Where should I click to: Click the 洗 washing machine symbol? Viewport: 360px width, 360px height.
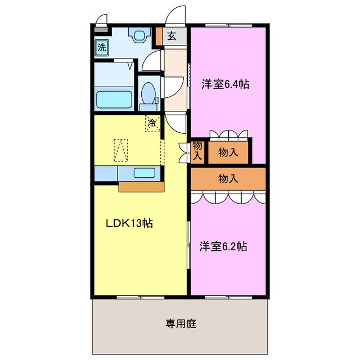pos(102,47)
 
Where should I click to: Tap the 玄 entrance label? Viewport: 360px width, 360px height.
pos(172,37)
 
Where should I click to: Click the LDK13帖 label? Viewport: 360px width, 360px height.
pos(130,223)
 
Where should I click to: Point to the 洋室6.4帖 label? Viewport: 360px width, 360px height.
pos(226,85)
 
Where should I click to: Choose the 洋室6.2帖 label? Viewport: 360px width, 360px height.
pos(224,246)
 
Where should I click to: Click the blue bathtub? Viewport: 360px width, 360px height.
pos(115,99)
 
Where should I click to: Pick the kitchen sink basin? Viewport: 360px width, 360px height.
pos(144,173)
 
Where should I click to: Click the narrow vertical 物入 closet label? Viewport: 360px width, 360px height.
pos(197,151)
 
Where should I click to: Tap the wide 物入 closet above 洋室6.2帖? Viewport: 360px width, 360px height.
pos(228,179)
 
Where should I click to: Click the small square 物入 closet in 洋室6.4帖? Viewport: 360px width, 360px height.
pos(228,152)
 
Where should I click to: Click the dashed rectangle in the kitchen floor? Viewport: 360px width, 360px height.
pos(121,150)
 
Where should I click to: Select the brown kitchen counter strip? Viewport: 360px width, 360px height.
pos(141,186)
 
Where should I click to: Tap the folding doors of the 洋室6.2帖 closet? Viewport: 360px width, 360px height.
pos(227,197)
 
